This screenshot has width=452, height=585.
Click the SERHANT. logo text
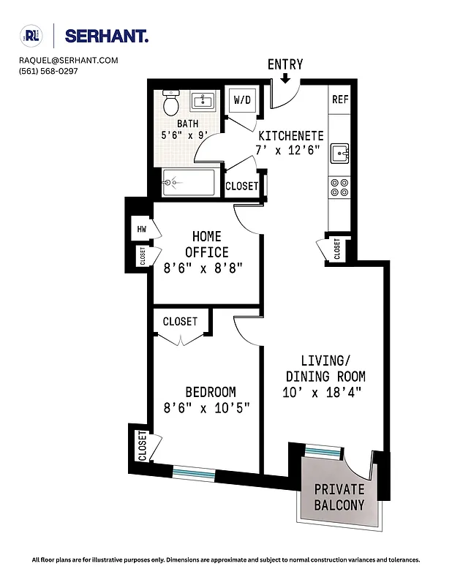(x=107, y=36)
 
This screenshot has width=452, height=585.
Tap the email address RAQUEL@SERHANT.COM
(x=69, y=61)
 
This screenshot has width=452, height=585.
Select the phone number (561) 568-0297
(x=49, y=72)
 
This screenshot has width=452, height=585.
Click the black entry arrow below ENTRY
(x=285, y=78)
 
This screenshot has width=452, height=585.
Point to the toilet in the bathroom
(x=171, y=104)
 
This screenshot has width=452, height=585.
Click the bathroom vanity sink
(x=203, y=102)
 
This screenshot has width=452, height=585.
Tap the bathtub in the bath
(x=189, y=181)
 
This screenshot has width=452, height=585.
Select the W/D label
(x=242, y=99)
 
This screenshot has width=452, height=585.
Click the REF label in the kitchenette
(x=339, y=99)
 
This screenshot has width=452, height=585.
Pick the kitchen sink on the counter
(x=339, y=154)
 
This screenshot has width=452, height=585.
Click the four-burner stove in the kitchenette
(x=339, y=188)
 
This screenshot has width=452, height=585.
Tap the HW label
(x=140, y=229)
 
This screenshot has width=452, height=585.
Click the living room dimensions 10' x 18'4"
(x=323, y=393)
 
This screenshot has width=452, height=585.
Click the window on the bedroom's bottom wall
(x=194, y=472)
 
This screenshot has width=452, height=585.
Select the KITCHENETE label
(x=290, y=136)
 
